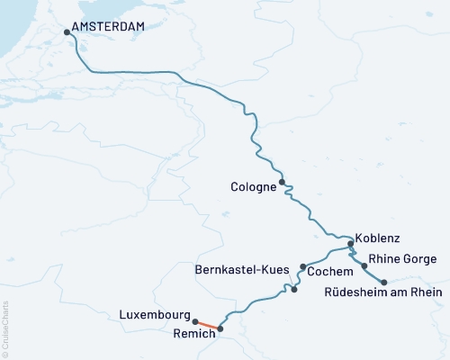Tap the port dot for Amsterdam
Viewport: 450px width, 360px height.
pos(67,34)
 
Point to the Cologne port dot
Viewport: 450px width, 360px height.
pos(283,182)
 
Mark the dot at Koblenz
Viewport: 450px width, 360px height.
pos(351,243)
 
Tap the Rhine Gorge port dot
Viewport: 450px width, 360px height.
pos(364,266)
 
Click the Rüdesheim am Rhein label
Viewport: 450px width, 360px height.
pos(382,292)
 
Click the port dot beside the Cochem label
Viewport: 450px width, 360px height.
pos(302,267)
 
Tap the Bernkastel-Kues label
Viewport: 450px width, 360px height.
pos(243,269)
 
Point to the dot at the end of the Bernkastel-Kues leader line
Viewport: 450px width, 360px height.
pos(294,290)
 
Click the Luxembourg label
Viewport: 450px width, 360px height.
pos(154,316)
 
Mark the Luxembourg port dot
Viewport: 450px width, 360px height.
pos(195,320)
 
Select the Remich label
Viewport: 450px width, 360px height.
pos(193,333)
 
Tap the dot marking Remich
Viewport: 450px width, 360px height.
pos(220,328)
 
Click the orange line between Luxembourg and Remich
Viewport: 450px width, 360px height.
pos(207,324)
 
